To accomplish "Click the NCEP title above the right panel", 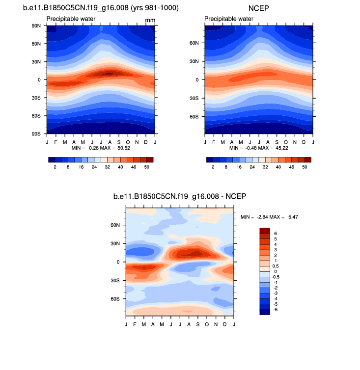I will tap(259, 8).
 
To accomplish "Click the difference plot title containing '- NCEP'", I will tap(179, 196).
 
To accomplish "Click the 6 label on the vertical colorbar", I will tap(276, 234).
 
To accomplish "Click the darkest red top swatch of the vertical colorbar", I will tap(264, 231).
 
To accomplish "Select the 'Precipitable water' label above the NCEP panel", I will tap(228, 19).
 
